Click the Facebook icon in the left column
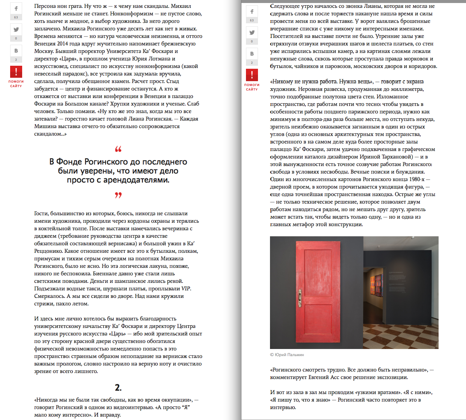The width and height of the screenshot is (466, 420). click(16, 9)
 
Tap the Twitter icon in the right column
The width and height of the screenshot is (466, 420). click(252, 33)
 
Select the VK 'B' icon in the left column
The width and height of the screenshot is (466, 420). click(16, 51)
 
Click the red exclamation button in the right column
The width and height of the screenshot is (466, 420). click(252, 75)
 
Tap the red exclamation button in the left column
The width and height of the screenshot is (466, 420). click(16, 71)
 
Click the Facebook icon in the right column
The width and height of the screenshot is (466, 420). click(252, 12)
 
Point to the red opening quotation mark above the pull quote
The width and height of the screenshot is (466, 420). click(118, 149)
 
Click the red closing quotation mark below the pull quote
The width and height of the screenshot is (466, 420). click(118, 195)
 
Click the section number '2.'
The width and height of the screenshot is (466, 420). click(118, 387)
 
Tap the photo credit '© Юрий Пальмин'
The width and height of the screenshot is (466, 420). click(287, 355)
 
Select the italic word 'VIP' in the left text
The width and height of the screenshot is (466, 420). click(186, 289)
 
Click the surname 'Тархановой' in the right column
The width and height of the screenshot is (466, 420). click(395, 157)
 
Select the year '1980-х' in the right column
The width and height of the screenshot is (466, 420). click(417, 179)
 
